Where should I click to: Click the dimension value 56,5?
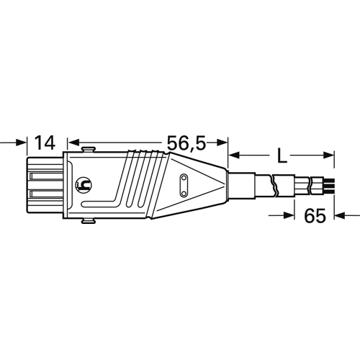(x=186, y=143)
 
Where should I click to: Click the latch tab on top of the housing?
(x=88, y=149)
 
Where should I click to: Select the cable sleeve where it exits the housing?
(x=240, y=186)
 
